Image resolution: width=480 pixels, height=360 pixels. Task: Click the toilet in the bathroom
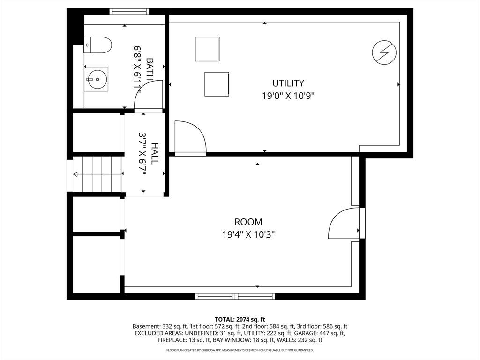coord(97,45)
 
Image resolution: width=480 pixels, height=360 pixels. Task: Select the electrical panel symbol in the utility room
coord(384,52)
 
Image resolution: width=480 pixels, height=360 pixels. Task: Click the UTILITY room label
coord(288,83)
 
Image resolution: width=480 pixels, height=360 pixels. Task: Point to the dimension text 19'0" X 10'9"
coord(288,96)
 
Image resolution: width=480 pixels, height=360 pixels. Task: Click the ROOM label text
coord(248,222)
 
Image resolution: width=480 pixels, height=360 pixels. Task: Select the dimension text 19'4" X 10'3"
coord(248,234)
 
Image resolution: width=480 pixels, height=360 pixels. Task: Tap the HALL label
coord(155,153)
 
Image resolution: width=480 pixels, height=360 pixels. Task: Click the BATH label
coord(150,69)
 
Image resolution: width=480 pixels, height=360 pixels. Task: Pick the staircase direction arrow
coord(97,174)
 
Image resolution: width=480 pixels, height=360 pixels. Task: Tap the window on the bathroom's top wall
coord(130,12)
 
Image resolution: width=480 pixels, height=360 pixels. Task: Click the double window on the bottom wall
coord(235,296)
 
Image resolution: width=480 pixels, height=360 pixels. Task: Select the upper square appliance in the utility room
coord(207,49)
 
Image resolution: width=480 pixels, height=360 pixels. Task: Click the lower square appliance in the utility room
coord(217,84)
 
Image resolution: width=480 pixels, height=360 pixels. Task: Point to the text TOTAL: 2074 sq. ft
coord(240,320)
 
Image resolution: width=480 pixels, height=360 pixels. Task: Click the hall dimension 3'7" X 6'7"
coord(142,153)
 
